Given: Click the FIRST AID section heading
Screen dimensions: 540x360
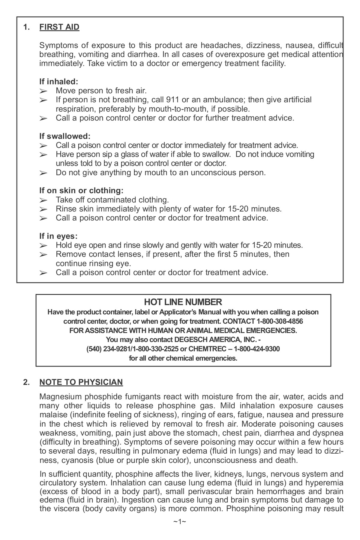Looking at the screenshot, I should coord(59,27).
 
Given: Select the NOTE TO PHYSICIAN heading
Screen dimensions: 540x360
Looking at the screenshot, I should coord(81,382).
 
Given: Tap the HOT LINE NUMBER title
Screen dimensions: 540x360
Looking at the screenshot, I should coord(183,302).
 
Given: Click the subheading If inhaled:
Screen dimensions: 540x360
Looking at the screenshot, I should coord(59,81).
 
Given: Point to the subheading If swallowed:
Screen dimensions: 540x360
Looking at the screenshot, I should coord(65,136).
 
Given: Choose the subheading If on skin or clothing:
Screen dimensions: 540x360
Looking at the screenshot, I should coord(81,190).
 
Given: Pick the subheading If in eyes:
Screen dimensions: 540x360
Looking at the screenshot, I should coord(58,236).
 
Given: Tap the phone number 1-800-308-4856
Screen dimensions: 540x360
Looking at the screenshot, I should coord(280,321).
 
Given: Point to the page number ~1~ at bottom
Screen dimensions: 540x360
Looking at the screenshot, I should coord(180,530).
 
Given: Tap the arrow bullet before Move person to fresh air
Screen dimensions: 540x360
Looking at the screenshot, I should coord(43,91).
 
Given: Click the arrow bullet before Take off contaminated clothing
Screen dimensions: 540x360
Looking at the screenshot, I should coord(43,200).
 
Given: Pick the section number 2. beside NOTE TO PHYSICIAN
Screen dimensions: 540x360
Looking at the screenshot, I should coord(26,382).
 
